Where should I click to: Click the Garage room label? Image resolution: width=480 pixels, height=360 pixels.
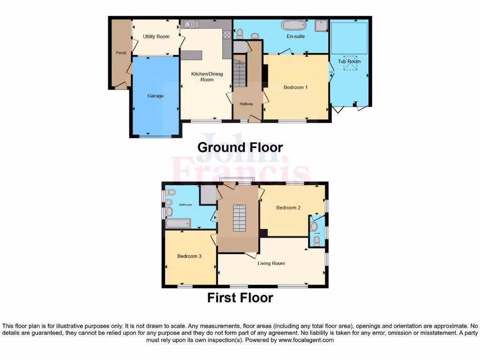point(156,96)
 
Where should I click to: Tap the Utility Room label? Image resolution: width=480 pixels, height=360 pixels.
point(156,37)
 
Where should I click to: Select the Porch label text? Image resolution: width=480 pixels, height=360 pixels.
point(121,53)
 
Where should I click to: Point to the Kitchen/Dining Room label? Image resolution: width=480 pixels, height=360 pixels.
point(207,77)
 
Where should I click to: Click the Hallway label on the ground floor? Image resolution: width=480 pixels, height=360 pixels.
point(246,104)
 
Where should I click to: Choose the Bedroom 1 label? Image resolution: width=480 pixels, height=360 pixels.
point(295,87)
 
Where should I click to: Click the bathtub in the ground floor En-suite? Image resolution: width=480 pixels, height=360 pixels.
point(294,25)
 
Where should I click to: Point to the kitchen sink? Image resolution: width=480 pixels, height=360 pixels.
point(191,24)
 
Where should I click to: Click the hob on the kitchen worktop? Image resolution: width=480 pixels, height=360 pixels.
point(227,34)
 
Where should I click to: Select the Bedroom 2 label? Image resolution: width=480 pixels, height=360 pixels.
point(288,208)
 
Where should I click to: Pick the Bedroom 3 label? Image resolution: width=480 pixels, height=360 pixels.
point(189,256)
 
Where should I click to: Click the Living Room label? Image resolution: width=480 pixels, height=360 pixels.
point(271,263)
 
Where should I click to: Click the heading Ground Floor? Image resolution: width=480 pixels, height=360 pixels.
point(240,147)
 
